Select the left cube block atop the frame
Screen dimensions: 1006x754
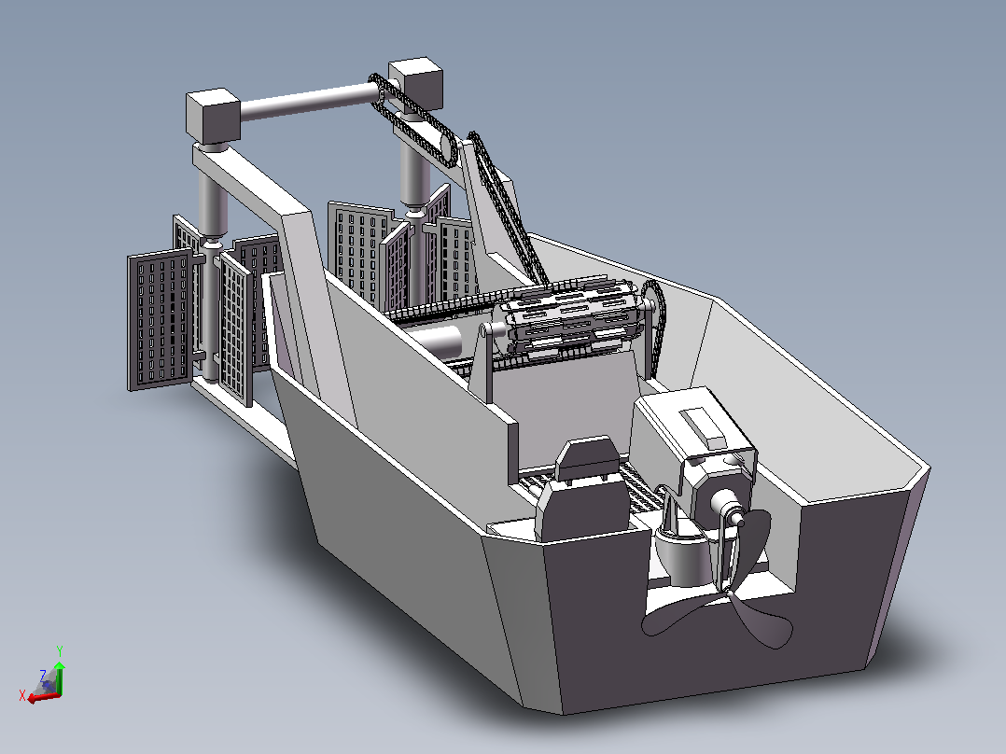pos(213,116)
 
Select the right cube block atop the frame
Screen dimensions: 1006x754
pos(416,85)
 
